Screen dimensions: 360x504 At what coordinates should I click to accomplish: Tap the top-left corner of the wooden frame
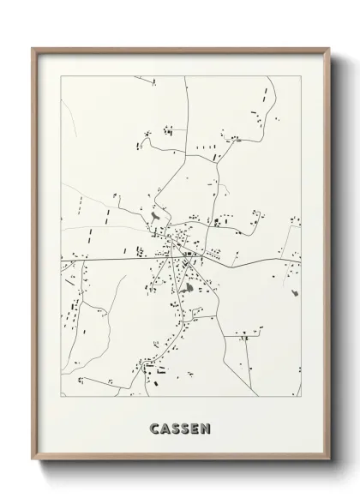point(33,49)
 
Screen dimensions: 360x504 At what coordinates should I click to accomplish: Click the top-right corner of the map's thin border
point(301,76)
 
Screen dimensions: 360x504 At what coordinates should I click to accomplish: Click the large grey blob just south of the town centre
point(209,291)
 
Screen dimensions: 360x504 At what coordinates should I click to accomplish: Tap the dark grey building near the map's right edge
point(296,294)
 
